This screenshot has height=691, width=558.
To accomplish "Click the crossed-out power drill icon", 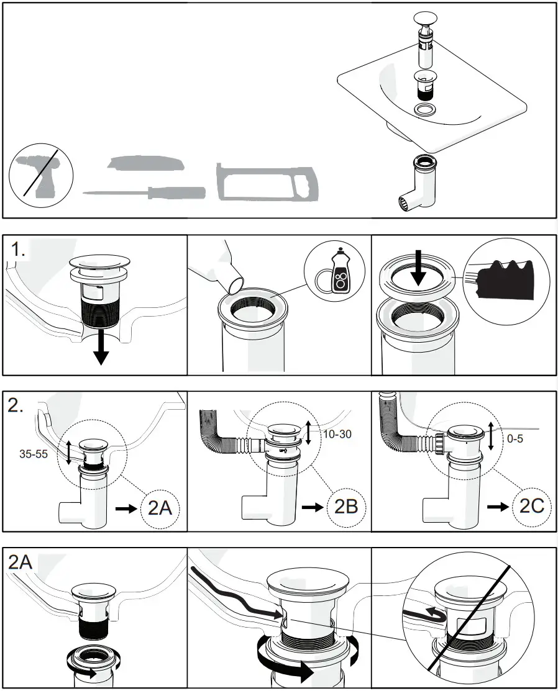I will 41,171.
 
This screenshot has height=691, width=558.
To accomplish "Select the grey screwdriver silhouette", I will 144,192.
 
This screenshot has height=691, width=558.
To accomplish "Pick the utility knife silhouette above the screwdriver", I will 145,163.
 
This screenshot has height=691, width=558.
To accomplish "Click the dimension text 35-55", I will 34,453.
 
